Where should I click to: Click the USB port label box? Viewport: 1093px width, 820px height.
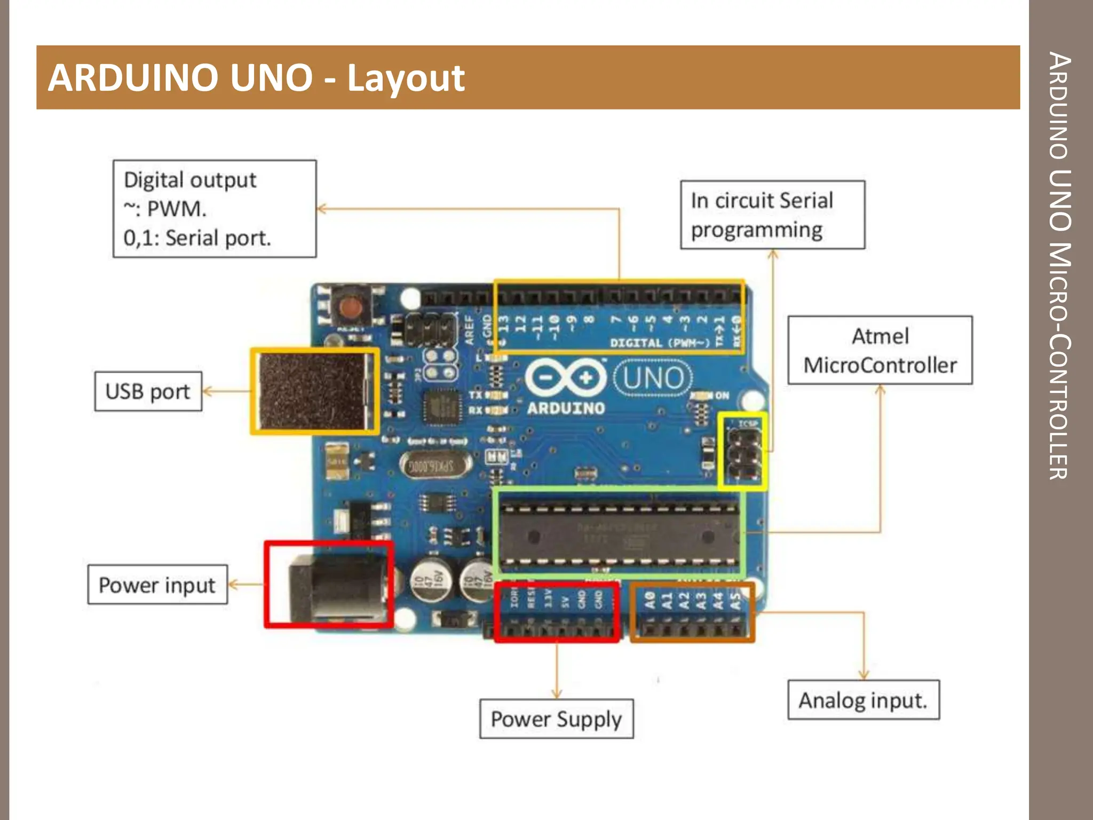tap(148, 391)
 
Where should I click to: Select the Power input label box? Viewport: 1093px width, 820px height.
tap(157, 585)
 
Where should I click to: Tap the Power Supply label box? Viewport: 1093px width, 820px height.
tap(556, 719)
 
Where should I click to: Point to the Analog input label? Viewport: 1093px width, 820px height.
tap(863, 700)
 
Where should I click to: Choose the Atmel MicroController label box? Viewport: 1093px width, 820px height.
tap(880, 350)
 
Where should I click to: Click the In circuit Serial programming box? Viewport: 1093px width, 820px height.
tap(772, 215)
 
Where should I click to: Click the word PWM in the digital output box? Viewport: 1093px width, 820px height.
tap(176, 209)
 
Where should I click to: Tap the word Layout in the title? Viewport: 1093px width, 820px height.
tap(406, 78)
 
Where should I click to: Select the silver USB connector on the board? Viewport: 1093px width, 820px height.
tap(314, 391)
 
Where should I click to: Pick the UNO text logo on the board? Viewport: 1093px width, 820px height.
tap(653, 378)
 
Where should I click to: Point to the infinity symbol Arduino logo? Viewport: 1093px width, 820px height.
tap(566, 377)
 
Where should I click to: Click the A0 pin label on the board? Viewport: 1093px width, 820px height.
tap(649, 600)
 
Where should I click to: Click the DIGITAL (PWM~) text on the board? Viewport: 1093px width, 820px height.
tap(660, 343)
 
